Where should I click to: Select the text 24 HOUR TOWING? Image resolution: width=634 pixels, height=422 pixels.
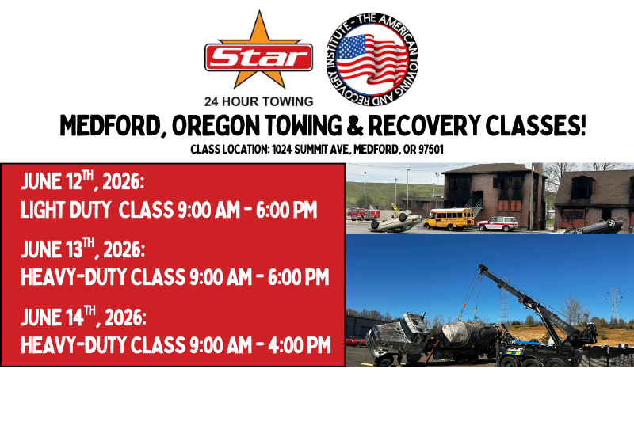pyautogui.click(x=258, y=101)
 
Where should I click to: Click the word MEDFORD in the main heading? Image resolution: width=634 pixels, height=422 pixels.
pyautogui.click(x=110, y=126)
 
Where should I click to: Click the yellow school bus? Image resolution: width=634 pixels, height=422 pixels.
pyautogui.click(x=448, y=219)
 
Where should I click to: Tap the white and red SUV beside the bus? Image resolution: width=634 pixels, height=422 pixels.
pyautogui.click(x=497, y=223)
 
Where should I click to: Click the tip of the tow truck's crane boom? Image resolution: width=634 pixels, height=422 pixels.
pyautogui.click(x=482, y=268)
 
